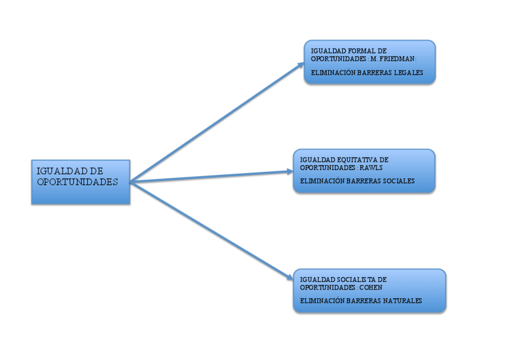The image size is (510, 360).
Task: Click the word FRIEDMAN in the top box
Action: pos(399,58)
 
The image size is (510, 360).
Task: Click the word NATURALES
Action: pos(402,301)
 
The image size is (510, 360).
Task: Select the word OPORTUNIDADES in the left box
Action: pos(77,182)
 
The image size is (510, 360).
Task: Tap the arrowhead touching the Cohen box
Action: pos(290,277)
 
